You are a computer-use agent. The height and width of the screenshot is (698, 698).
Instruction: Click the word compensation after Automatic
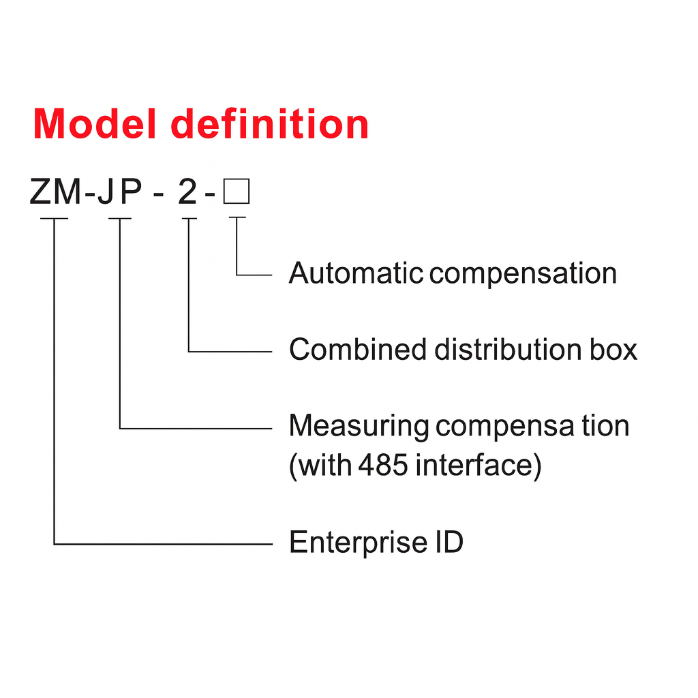pos(523,273)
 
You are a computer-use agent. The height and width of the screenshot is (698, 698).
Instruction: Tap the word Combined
pos(359,350)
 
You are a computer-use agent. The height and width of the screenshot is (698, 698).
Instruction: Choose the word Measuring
pos(359,426)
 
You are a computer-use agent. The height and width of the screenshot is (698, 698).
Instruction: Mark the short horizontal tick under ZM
pos(54,219)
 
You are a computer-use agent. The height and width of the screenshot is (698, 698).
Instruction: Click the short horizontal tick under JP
pos(120,219)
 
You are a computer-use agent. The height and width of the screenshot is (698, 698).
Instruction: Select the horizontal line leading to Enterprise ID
pos(164,545)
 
